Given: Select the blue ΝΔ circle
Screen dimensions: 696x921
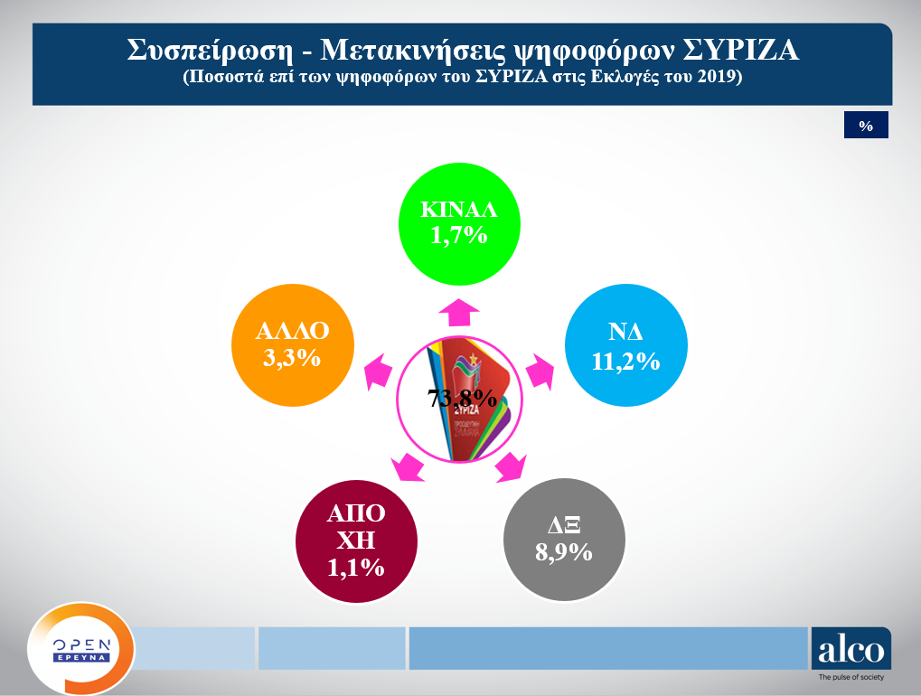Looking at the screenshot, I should point(624,349).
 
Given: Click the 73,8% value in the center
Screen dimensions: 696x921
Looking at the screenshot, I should point(461,399).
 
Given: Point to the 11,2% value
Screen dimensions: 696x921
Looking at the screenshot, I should point(625,362).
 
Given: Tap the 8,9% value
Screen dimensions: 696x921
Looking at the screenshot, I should point(563,552).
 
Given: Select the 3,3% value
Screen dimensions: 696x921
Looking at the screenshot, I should point(292,358).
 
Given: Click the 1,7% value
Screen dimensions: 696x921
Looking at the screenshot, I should point(459,237).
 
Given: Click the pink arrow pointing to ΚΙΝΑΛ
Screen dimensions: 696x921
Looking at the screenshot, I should point(459,309).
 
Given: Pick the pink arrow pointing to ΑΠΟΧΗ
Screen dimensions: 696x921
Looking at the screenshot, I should point(409,467).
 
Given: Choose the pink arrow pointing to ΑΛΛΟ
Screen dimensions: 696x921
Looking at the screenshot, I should point(378,372).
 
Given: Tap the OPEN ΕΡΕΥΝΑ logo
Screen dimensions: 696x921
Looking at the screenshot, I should point(81,649).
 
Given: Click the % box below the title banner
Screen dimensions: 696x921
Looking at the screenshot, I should point(866,126).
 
